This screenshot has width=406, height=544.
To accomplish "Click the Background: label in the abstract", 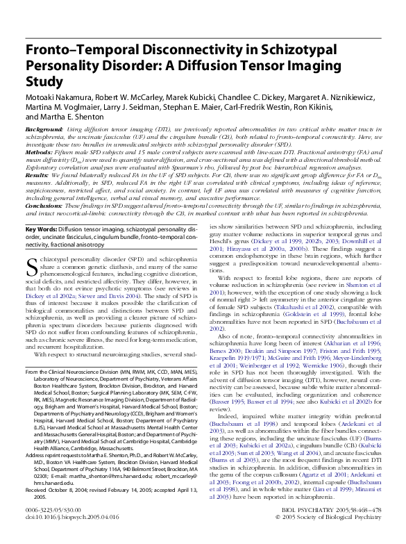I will (44, 130).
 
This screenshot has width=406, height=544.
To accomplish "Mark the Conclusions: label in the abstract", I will (45, 206).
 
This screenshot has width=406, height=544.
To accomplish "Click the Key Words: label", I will (42, 229).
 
